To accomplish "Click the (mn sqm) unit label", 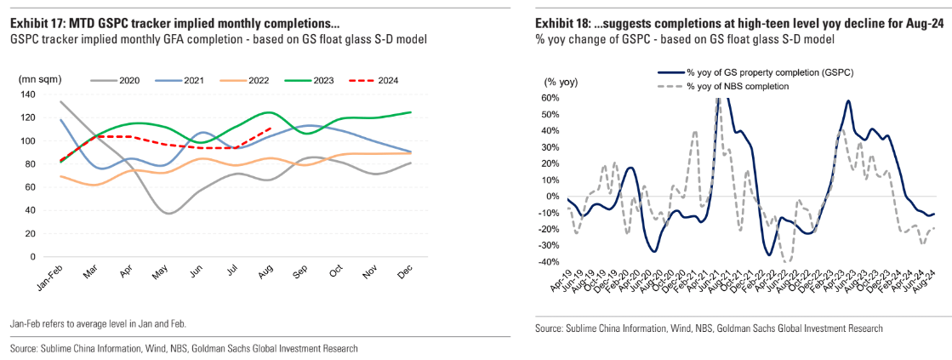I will click(x=38, y=79).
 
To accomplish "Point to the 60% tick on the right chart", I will click(x=550, y=98).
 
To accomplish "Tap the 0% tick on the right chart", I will click(x=552, y=197).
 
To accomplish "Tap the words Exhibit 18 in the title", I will click(x=559, y=24).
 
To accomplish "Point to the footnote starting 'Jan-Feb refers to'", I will click(x=99, y=324).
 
